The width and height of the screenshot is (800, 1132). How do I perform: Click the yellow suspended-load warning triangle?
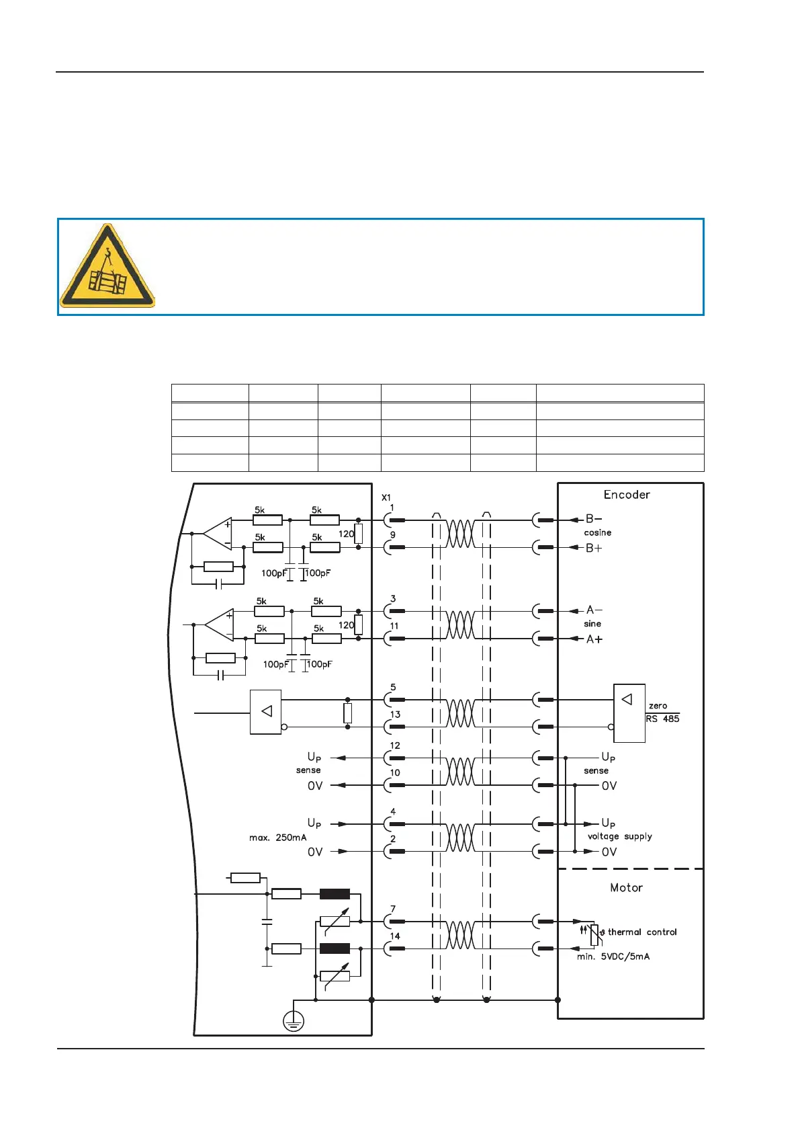tap(107, 268)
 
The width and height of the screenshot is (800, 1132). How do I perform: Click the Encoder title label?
tap(627, 495)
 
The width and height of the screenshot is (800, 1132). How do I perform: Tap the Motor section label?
tap(626, 888)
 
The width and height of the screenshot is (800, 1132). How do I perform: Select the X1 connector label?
tap(386, 497)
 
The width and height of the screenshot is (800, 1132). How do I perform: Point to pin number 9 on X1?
tap(393, 535)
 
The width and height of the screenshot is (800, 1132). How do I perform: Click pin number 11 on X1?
tap(394, 626)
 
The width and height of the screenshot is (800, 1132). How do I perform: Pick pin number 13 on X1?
tap(395, 715)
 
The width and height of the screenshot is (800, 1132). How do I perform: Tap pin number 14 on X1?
tap(395, 936)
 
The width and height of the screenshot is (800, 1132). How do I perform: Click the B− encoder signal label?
tap(594, 519)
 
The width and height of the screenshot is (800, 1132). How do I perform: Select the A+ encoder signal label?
tap(594, 639)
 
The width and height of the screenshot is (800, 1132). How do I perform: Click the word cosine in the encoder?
tap(597, 532)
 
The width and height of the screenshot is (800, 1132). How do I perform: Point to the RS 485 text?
tap(662, 719)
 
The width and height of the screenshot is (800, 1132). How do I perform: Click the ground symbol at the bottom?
tap(294, 1022)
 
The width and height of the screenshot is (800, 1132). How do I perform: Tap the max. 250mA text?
tap(277, 838)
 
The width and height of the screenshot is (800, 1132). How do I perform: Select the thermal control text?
tap(642, 932)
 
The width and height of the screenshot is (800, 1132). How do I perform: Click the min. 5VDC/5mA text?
tap(613, 957)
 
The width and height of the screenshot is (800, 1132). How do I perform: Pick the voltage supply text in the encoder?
tap(619, 837)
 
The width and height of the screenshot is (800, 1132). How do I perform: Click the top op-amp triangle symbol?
tap(219, 534)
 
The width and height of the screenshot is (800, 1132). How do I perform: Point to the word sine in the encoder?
tap(592, 624)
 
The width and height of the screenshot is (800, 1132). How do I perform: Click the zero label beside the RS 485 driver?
tap(658, 706)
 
